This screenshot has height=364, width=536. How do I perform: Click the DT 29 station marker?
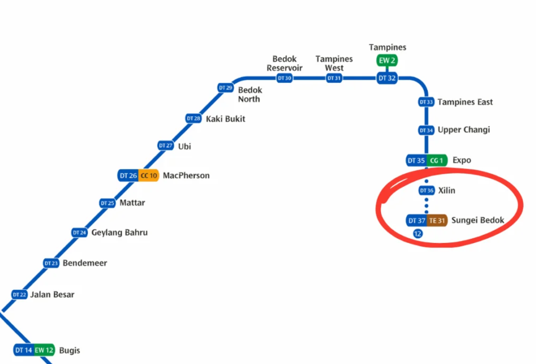(x=225, y=88)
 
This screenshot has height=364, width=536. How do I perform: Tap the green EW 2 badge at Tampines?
(x=386, y=60)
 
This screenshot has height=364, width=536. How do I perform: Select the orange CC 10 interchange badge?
(x=149, y=176)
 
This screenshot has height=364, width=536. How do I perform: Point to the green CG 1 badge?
(x=437, y=160)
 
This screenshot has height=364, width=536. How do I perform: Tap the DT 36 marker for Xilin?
(x=426, y=190)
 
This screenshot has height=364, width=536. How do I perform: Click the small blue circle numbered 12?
(x=418, y=233)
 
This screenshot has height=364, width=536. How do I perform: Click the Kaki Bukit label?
(x=225, y=119)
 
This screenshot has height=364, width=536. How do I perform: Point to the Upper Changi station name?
(x=463, y=130)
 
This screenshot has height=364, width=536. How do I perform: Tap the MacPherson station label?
(x=186, y=176)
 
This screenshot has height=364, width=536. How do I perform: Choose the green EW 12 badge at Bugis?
(x=44, y=350)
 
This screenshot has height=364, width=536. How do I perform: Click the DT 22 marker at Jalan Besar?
(x=19, y=294)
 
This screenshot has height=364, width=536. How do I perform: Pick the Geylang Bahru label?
(x=119, y=232)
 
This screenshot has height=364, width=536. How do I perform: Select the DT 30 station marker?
(x=285, y=78)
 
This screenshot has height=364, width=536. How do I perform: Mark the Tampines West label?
(x=334, y=63)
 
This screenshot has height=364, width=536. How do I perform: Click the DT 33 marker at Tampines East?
(x=426, y=102)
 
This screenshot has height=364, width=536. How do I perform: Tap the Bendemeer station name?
(x=85, y=263)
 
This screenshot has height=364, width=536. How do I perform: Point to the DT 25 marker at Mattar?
(x=107, y=203)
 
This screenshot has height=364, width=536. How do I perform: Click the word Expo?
(x=462, y=160)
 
